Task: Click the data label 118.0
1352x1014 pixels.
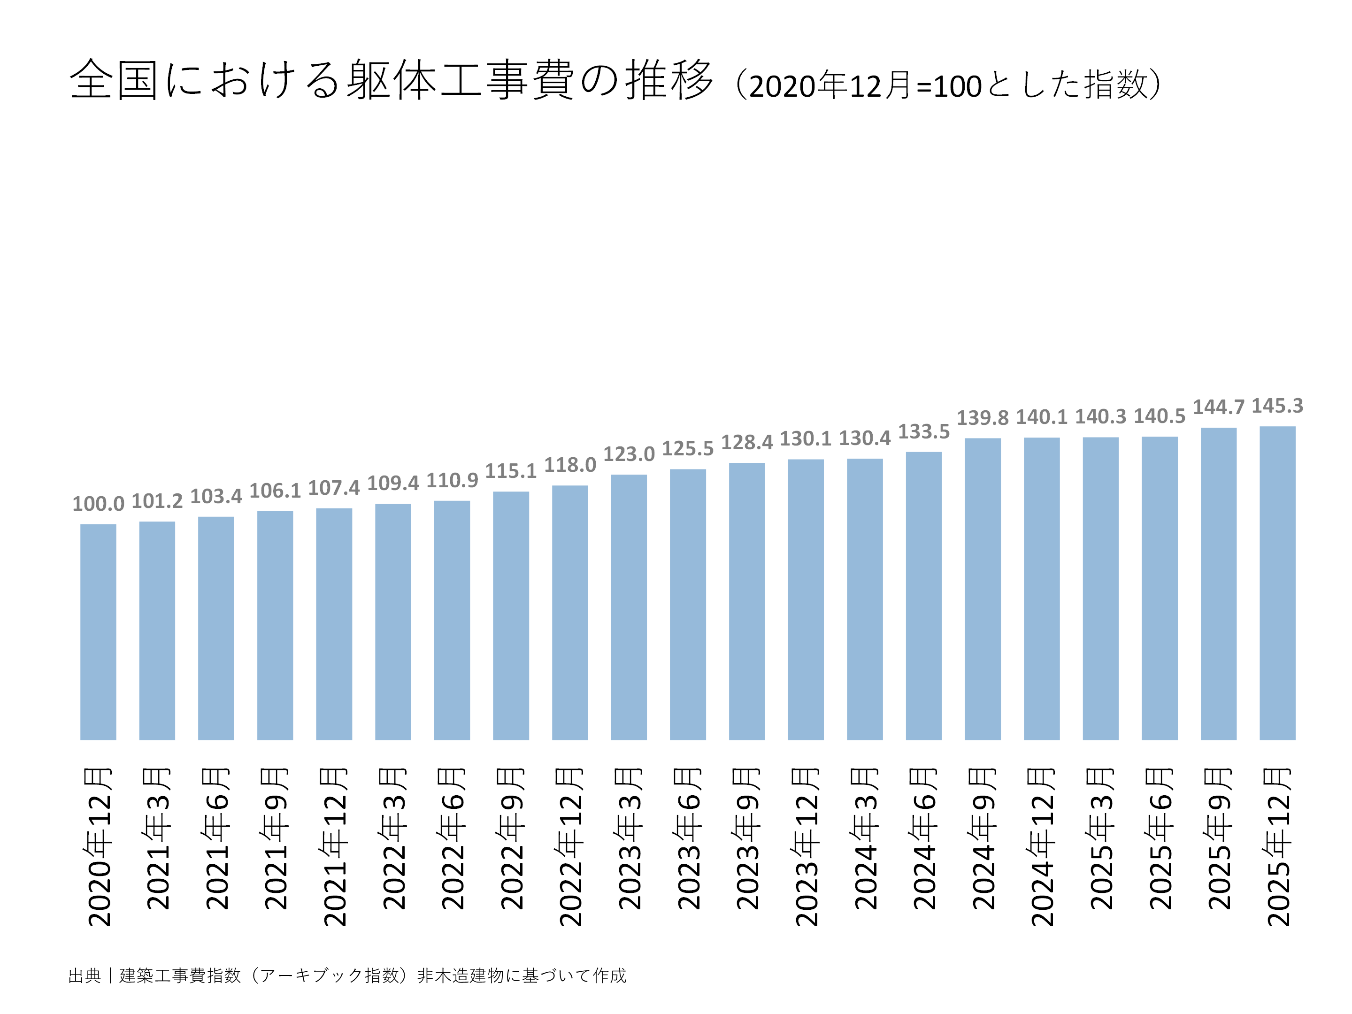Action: tap(569, 465)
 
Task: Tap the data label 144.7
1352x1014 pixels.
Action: tap(1218, 407)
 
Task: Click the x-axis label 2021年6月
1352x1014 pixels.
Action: tap(216, 838)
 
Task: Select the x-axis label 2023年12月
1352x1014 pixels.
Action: tap(806, 846)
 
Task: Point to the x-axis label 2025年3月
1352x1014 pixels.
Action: tap(1100, 838)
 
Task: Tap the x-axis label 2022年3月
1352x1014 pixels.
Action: tap(393, 838)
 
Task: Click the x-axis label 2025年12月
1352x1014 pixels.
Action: tap(1277, 846)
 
